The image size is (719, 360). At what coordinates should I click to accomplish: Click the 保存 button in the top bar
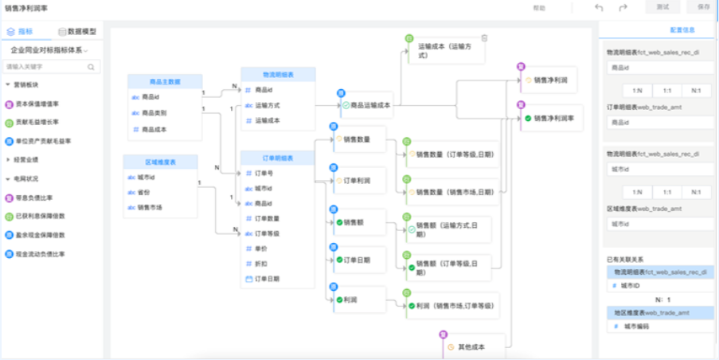(x=702, y=7)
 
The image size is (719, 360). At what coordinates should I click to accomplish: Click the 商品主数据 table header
(x=164, y=81)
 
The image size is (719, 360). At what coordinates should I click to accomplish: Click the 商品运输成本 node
(x=369, y=104)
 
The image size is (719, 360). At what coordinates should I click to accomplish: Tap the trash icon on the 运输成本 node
(x=484, y=38)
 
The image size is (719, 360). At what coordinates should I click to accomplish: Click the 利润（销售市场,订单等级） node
(x=452, y=305)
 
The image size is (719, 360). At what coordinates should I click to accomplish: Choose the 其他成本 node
(x=469, y=346)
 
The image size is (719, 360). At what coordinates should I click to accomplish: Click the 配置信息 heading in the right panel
(x=682, y=29)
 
